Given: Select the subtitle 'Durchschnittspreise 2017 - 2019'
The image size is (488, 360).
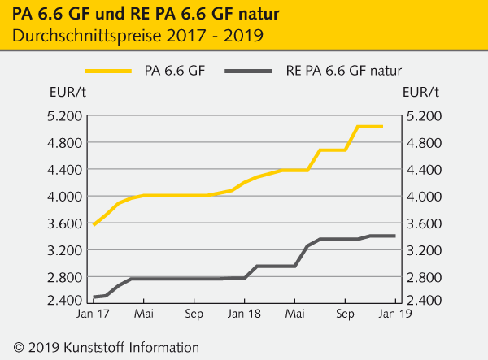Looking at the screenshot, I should pyautogui.click(x=137, y=37).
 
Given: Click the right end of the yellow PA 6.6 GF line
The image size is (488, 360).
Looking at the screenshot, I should pyautogui.click(x=381, y=127).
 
